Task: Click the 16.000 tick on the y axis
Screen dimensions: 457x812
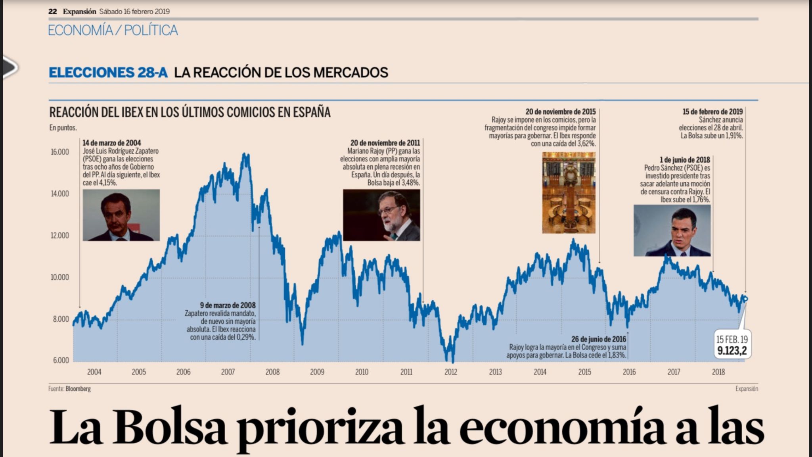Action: point(59,152)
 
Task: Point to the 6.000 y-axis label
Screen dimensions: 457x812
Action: point(61,360)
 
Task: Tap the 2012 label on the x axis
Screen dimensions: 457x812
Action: point(450,372)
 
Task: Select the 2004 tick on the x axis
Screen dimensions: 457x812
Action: point(94,372)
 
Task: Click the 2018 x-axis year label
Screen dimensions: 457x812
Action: point(718,372)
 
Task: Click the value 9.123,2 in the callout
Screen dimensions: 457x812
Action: point(732,351)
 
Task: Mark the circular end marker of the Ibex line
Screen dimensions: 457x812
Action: point(745,299)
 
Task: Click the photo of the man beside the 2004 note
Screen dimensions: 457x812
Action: point(121,215)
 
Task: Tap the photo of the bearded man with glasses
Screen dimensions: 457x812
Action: point(381,215)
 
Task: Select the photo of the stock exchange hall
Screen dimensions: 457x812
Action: point(569,192)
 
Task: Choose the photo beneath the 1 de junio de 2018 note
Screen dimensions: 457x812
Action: point(672,230)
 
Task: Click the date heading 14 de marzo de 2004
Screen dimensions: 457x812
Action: point(111,143)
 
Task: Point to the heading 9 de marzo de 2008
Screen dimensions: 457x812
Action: point(228,305)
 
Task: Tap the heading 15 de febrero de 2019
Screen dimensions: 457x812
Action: point(712,112)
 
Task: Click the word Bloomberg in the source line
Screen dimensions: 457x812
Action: point(78,389)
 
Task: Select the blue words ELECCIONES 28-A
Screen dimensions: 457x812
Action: point(108,73)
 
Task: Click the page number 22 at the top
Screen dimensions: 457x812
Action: point(52,12)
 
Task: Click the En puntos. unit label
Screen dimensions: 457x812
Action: point(63,128)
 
